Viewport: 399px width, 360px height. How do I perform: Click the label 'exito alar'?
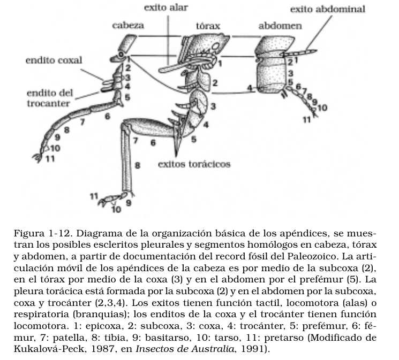point(166,8)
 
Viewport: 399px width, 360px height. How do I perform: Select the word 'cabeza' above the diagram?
point(129,25)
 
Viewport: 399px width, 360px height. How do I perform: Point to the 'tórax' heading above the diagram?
point(208,26)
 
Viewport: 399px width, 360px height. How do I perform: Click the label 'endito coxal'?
point(54,60)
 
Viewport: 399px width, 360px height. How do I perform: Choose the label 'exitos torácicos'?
point(194,164)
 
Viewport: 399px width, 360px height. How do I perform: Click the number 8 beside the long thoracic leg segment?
point(138,166)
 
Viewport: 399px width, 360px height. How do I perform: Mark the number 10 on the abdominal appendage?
point(322,108)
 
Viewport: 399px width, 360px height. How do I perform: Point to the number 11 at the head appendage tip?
point(50,159)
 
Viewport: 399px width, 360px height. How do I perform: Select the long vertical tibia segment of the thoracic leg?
point(126,160)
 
